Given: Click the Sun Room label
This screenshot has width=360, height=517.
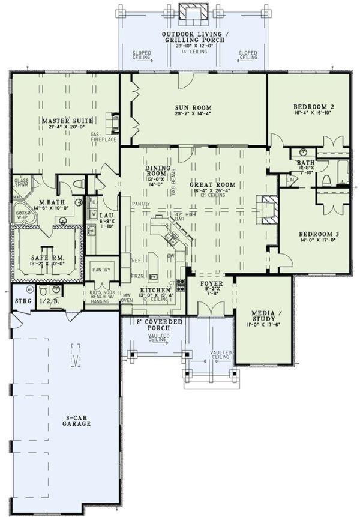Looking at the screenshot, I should (x=193, y=107).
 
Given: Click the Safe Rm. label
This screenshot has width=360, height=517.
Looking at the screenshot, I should (x=48, y=258).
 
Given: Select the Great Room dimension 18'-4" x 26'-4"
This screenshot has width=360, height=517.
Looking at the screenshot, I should (x=212, y=193).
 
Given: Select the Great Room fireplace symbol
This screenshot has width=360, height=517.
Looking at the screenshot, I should (x=266, y=210).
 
